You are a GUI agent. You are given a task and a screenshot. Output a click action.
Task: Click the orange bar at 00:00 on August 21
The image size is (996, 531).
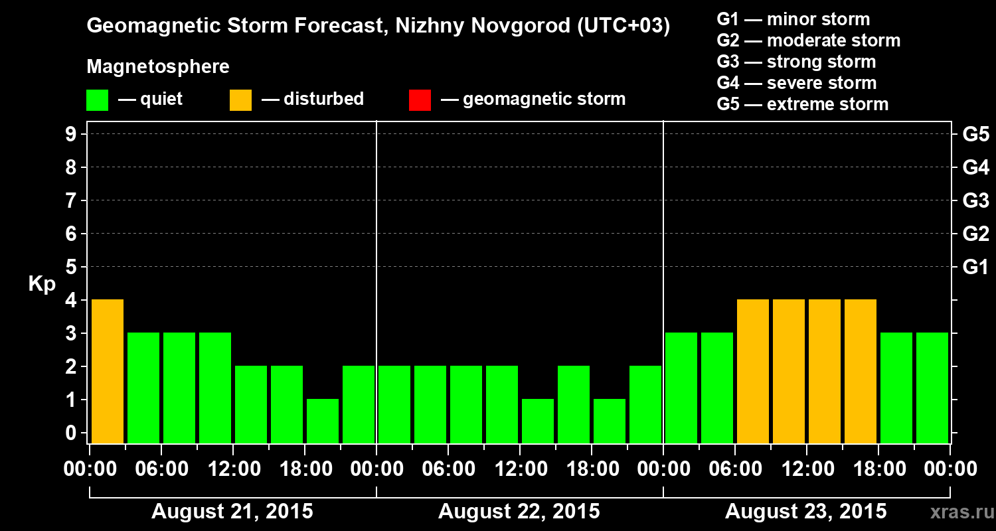[108, 371]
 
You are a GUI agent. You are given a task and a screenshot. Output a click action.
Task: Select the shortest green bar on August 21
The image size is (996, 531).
[323, 421]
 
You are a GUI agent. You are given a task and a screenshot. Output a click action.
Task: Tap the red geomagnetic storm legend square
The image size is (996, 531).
[420, 100]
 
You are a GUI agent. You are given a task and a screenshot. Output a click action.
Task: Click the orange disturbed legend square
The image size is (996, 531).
[240, 100]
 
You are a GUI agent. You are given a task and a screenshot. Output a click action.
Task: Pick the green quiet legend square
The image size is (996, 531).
[97, 100]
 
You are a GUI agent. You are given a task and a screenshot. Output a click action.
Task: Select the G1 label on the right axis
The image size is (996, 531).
[975, 267]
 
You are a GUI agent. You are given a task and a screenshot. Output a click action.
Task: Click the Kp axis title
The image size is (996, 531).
[42, 284]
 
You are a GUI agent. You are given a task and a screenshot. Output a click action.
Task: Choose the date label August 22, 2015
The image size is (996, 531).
[519, 512]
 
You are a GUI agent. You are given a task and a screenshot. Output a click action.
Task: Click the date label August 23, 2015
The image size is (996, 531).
[805, 512]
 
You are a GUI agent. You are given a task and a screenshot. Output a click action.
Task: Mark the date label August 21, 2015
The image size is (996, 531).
[232, 512]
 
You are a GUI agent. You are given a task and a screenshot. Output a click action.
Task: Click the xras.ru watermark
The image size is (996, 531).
[958, 512]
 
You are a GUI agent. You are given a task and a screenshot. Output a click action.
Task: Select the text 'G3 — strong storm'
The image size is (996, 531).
[796, 62]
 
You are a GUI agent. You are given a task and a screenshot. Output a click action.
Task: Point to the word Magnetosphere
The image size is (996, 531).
[158, 67]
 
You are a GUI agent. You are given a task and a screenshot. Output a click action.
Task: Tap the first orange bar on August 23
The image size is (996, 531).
[753, 371]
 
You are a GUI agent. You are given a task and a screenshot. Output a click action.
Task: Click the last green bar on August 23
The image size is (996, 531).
[932, 388]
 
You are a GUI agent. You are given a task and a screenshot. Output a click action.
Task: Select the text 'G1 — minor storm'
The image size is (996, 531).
[793, 19]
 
